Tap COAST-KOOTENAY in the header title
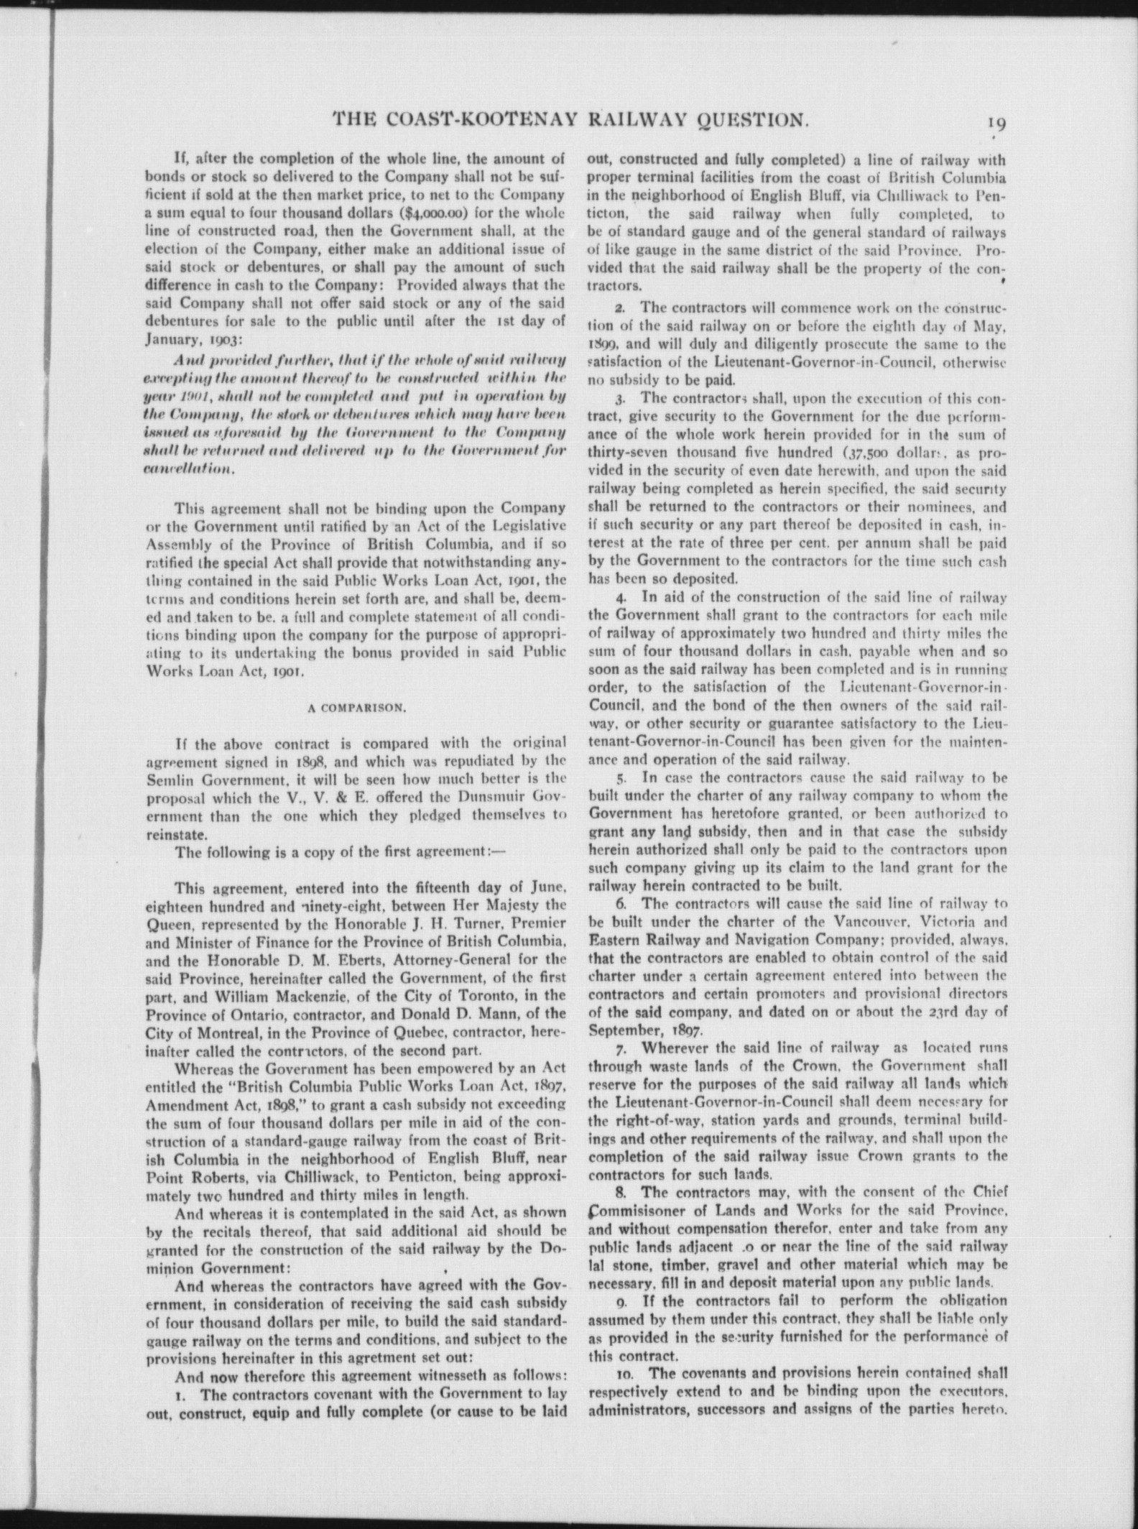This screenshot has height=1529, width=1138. click(481, 119)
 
